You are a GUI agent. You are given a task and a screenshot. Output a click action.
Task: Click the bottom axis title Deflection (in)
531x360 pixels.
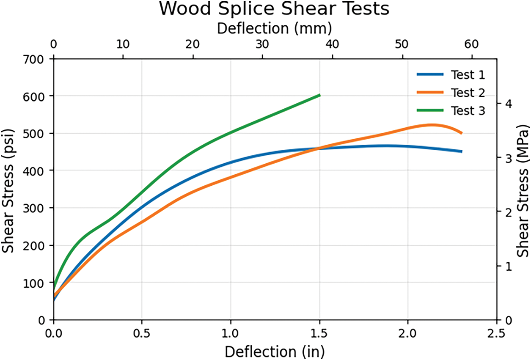tap(275, 352)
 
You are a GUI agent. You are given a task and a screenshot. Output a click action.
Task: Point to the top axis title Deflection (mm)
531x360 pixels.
tap(274, 29)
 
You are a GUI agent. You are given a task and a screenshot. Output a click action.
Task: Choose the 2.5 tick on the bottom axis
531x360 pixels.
tap(496, 333)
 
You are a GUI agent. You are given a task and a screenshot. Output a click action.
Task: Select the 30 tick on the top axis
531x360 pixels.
tap(262, 44)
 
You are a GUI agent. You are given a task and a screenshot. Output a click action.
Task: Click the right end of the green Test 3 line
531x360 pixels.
tap(319, 95)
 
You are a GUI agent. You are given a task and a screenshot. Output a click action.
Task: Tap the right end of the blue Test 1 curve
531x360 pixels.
tap(461, 151)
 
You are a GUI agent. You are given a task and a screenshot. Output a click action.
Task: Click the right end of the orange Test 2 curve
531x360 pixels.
tap(461, 133)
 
